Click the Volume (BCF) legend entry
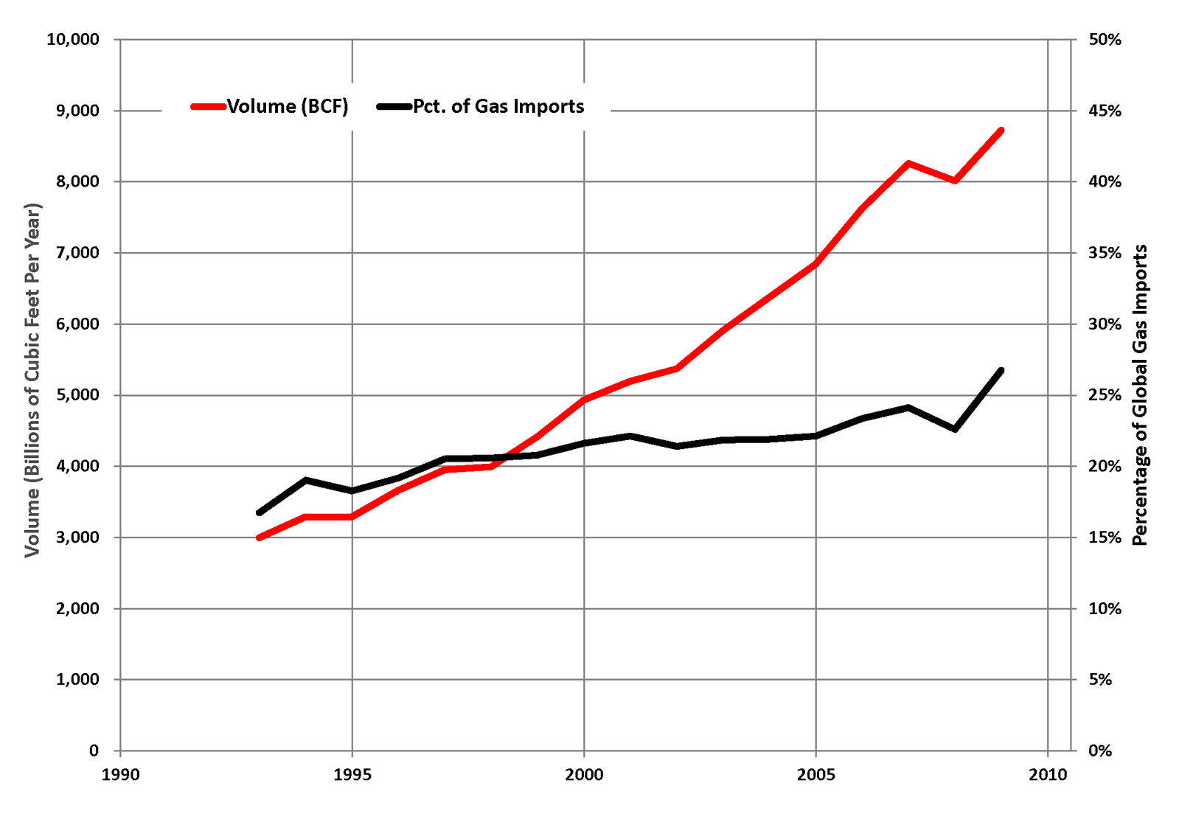269,106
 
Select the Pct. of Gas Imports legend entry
481,106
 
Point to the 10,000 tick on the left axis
73,40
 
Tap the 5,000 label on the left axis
77,394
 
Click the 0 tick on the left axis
94,751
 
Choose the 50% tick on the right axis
1105,40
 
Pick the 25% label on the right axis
1105,394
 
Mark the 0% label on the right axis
1100,751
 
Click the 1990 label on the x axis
120,774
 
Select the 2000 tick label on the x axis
584,774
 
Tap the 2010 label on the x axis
1048,774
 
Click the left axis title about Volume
32,380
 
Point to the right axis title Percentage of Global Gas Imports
1140,394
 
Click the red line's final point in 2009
1001,131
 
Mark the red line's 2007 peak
908,163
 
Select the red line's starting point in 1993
259,538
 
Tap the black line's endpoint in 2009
1001,370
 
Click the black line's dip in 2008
955,429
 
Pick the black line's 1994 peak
306,480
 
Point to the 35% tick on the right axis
1105,253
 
